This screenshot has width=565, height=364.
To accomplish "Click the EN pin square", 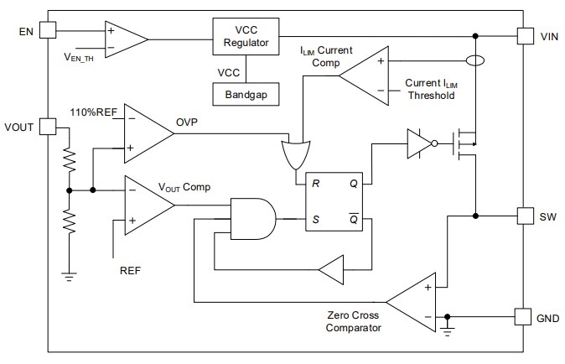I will pyautogui.click(x=46, y=31).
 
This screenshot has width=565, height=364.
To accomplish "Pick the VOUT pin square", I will pyautogui.click(x=46, y=126).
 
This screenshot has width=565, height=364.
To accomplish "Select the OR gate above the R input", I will pyautogui.click(x=295, y=153).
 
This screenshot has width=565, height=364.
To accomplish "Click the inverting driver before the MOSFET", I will pyautogui.click(x=419, y=143).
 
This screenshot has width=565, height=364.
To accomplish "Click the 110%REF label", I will pyautogui.click(x=94, y=112).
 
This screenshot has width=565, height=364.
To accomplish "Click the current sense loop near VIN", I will pyautogui.click(x=474, y=61).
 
